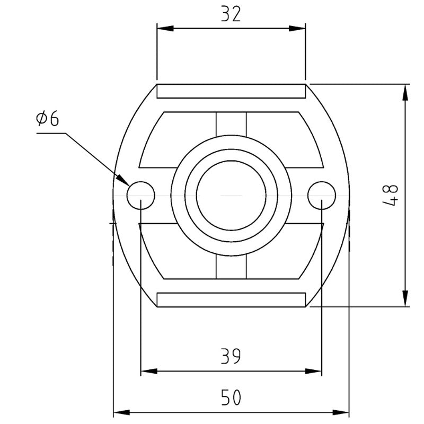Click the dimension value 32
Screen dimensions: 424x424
(x=231, y=14)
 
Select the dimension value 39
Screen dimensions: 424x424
(x=231, y=356)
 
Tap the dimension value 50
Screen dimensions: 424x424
(x=231, y=397)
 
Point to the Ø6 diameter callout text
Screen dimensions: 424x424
(x=48, y=118)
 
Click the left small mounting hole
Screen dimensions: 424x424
(x=140, y=195)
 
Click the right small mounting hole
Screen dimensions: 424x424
(x=322, y=195)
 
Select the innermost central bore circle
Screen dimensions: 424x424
(x=231, y=161)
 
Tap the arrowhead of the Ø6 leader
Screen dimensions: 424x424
(x=123, y=180)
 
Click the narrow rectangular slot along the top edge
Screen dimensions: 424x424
(x=231, y=91)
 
